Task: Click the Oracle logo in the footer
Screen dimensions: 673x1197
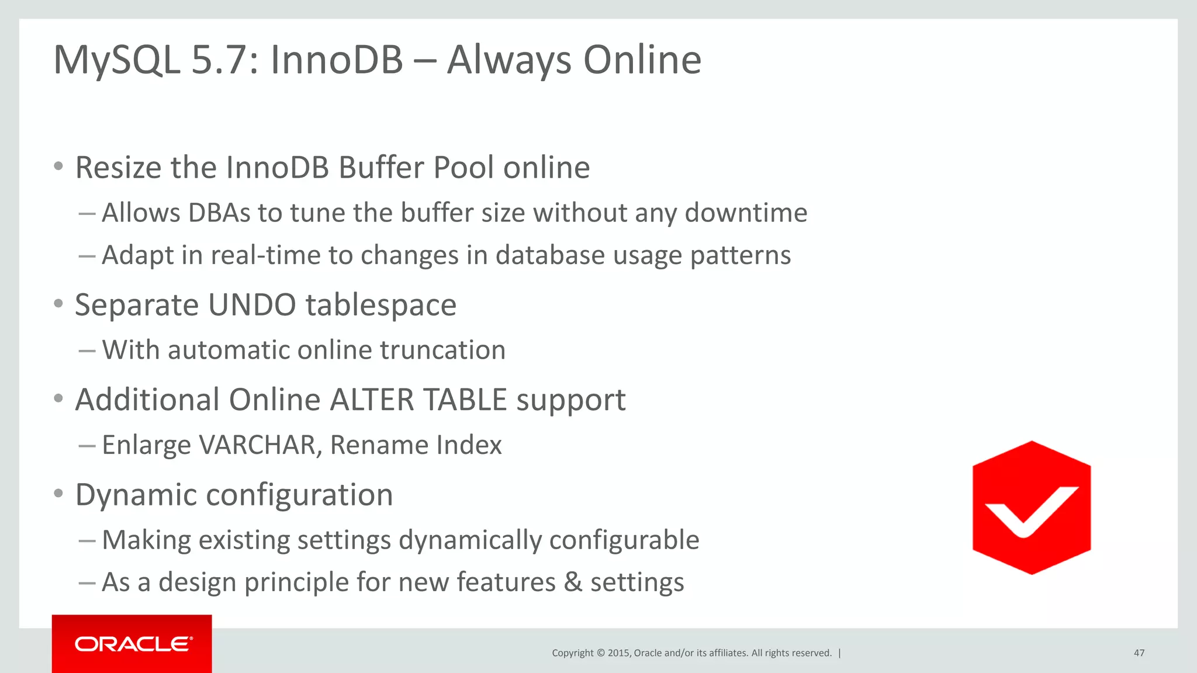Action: point(133,644)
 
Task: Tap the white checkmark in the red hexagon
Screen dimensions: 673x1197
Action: point(1032,509)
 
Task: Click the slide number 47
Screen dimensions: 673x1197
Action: point(1139,653)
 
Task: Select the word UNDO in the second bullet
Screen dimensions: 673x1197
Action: point(252,305)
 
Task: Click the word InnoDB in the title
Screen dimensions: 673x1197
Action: point(337,60)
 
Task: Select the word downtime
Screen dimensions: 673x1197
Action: point(746,213)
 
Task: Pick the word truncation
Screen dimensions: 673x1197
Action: point(442,351)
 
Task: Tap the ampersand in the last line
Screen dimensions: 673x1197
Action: point(573,582)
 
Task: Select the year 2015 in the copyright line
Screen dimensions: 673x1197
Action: point(618,653)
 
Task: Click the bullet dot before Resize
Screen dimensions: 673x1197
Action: point(58,166)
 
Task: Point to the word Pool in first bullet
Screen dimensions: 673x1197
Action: point(463,168)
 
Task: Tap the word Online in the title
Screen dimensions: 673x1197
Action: point(642,60)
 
